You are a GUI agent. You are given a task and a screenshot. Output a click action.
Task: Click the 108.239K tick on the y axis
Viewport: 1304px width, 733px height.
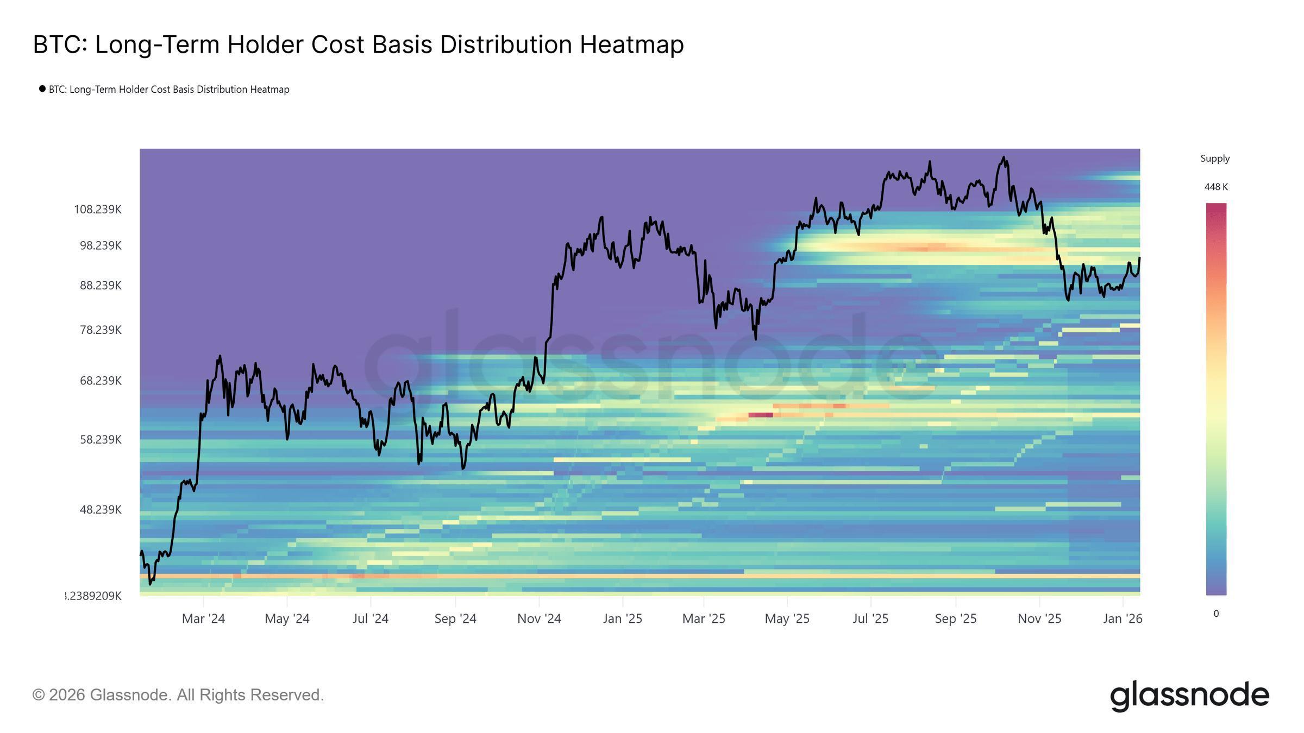click(98, 210)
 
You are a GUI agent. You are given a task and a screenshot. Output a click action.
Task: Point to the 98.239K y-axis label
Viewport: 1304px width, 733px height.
click(101, 246)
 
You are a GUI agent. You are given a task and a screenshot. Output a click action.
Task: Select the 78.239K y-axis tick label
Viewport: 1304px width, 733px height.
click(101, 330)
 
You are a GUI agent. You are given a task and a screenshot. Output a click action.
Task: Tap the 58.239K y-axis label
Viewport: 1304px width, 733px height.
click(101, 440)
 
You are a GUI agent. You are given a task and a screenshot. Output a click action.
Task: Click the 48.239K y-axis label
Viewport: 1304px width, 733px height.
click(101, 510)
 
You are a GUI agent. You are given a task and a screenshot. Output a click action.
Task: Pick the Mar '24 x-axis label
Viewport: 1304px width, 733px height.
click(203, 619)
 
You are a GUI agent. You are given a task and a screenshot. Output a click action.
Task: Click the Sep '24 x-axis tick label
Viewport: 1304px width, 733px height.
click(455, 619)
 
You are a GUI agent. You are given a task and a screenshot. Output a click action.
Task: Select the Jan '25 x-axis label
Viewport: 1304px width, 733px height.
click(623, 619)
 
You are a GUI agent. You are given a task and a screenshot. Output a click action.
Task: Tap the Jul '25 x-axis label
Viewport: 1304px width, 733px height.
click(870, 619)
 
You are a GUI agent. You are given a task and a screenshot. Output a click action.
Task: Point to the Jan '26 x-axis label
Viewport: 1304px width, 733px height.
click(1123, 619)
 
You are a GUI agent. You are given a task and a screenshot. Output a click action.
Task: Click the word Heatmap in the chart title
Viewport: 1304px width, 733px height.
click(631, 45)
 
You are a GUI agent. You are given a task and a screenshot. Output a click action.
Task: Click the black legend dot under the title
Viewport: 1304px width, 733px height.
click(42, 89)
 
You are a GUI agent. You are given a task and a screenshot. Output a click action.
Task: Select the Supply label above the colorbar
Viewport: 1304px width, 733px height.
click(1215, 159)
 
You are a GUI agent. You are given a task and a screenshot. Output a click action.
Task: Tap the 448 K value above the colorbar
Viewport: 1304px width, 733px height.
click(1216, 187)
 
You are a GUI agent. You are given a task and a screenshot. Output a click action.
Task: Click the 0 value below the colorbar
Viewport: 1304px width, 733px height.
click(1216, 614)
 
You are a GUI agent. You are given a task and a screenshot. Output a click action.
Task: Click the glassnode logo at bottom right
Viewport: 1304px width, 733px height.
click(1189, 696)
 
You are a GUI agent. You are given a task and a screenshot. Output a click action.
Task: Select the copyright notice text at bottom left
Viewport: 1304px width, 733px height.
click(178, 695)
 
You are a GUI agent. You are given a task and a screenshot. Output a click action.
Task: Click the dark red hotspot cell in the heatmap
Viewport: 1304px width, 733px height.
click(761, 415)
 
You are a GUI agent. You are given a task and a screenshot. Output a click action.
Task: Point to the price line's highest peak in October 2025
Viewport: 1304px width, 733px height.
click(1004, 158)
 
